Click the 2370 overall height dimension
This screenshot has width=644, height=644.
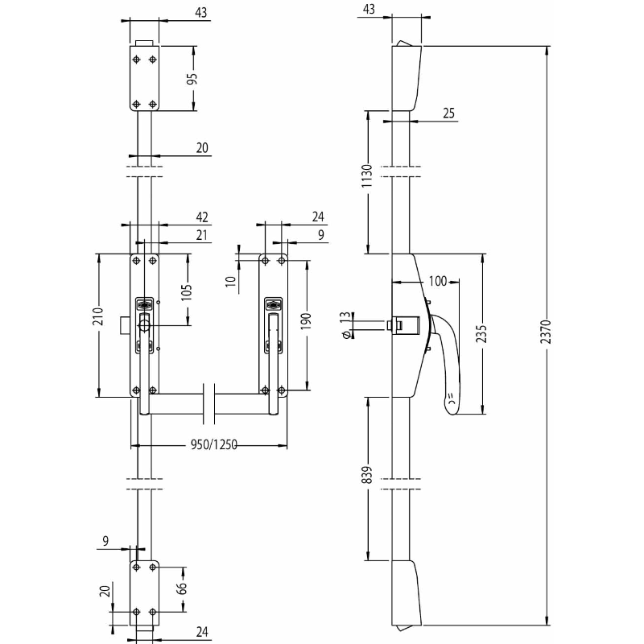(546, 332)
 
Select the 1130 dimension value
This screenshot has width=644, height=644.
(366, 176)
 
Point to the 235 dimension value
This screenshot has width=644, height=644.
(481, 333)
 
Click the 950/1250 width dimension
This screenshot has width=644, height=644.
(214, 445)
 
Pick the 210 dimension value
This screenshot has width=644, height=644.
(98, 316)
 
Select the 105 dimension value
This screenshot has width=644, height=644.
(187, 292)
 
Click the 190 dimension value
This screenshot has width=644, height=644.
(307, 322)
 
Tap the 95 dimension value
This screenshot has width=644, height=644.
(192, 78)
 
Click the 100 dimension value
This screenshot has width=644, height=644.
(437, 281)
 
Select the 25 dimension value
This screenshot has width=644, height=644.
(449, 113)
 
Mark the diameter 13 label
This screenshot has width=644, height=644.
(346, 324)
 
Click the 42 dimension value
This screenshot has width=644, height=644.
(202, 217)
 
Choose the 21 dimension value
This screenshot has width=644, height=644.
(201, 235)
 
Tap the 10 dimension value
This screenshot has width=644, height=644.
(231, 281)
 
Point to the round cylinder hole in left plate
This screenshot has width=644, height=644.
(144, 326)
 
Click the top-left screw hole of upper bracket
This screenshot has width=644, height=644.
(137, 60)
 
